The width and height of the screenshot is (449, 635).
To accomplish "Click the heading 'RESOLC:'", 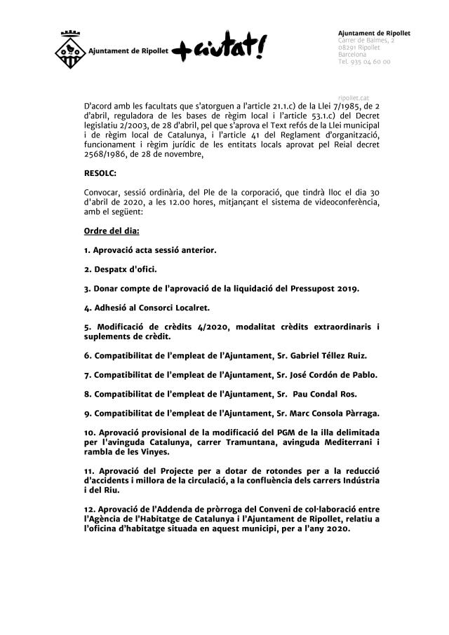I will click(100, 172).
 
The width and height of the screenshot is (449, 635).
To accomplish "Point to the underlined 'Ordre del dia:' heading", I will click(112, 231).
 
